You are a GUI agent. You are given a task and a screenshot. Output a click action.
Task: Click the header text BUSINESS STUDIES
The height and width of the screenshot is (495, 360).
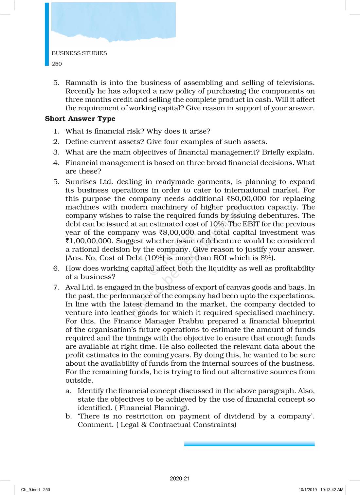pyautogui.click(x=79, y=53)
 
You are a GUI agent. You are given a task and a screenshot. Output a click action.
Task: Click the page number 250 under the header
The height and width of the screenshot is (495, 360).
pyautogui.click(x=57, y=64)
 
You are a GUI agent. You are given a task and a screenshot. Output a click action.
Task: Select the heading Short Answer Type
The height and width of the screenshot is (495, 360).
pyautogui.click(x=80, y=119)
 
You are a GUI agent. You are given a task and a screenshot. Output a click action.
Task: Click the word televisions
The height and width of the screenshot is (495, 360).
pyautogui.click(x=296, y=82)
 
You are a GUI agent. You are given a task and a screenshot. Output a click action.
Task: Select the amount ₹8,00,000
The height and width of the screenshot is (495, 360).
pyautogui.click(x=176, y=232)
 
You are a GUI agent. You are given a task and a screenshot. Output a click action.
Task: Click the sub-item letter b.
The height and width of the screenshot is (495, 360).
pyautogui.click(x=68, y=416)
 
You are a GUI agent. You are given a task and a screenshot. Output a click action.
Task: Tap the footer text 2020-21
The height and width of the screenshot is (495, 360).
pyautogui.click(x=180, y=479)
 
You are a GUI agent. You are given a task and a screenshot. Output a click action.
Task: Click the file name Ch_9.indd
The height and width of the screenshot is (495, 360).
pyautogui.click(x=30, y=490)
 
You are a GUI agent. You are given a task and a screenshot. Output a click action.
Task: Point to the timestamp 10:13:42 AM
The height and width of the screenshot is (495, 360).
pyautogui.click(x=332, y=490)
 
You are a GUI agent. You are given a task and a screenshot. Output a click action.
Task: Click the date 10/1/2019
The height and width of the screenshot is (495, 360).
pyautogui.click(x=308, y=490)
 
